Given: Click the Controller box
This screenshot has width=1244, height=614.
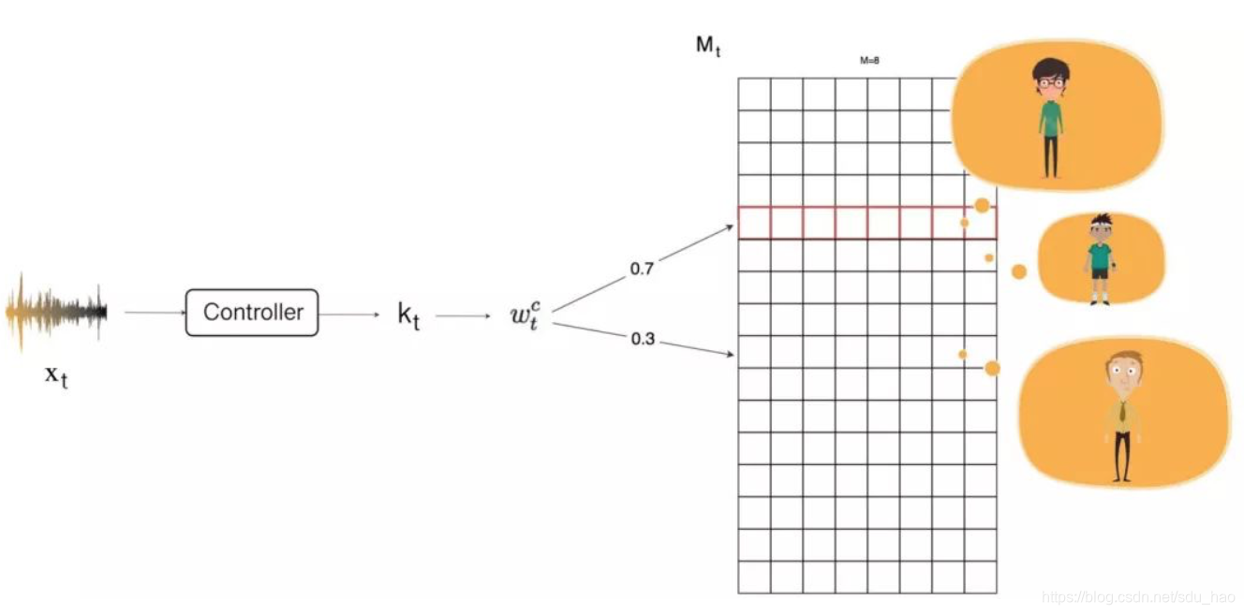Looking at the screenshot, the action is (252, 313).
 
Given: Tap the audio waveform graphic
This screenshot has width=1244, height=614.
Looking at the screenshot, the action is (56, 313).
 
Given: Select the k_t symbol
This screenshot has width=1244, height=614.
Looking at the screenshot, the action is (408, 315).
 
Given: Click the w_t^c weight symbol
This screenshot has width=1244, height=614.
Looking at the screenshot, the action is (526, 315).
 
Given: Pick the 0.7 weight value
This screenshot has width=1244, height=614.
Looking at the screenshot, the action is (642, 270).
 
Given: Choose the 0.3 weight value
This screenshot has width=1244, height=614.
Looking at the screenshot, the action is (643, 339).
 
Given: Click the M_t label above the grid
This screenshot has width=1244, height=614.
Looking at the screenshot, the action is (708, 46).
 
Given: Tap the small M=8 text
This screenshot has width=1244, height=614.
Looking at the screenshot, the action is (869, 61).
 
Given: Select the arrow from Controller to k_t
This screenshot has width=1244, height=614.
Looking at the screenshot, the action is (349, 314).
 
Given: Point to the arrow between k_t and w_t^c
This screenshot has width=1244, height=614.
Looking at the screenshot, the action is (463, 315).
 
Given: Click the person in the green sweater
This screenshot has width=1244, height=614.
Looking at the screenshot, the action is (1050, 117).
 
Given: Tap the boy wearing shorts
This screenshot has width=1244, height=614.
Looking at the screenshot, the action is (1100, 259).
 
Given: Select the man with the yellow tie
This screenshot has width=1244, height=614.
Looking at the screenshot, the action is (1121, 417).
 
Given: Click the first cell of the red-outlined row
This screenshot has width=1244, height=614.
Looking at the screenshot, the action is (754, 223).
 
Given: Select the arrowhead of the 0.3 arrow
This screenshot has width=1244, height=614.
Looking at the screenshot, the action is (730, 355).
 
